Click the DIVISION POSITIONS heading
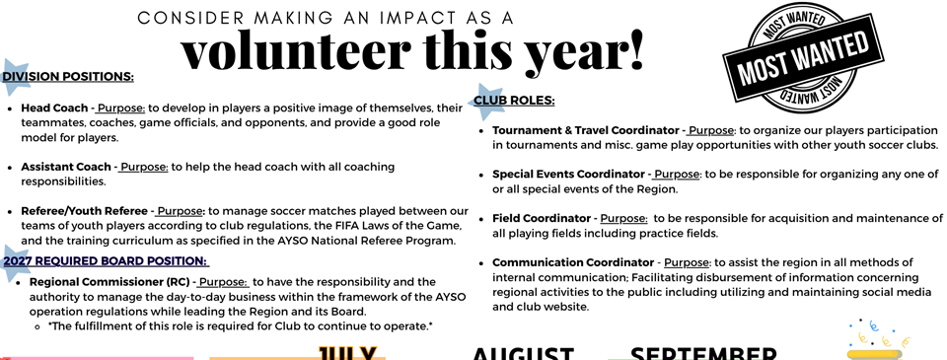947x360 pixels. [68, 77]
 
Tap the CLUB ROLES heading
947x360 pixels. [514, 101]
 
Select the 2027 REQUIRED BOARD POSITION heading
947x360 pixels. [106, 261]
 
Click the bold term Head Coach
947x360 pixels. [54, 108]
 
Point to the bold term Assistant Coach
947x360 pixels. [66, 168]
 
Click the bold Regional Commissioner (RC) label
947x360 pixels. [110, 282]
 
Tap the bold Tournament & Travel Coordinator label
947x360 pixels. [586, 130]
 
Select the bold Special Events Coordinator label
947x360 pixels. [568, 175]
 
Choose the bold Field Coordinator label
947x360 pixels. [542, 218]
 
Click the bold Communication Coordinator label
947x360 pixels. [573, 262]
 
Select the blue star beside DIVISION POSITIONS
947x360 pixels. [14, 71]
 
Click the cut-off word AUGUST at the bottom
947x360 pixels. [523, 353]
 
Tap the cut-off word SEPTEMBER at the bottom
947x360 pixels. [703, 353]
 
